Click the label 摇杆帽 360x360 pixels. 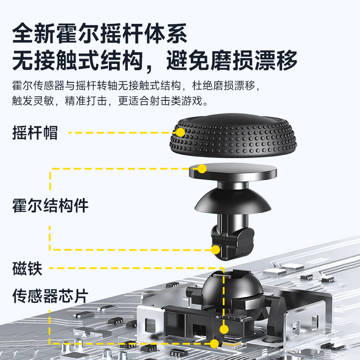[x=35, y=133]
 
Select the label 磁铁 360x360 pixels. [x=27, y=269]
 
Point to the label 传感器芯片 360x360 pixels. [x=50, y=296]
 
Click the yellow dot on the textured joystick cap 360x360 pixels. [x=180, y=132]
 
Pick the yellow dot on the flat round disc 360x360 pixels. [x=202, y=169]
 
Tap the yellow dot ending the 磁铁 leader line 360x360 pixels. [x=224, y=329]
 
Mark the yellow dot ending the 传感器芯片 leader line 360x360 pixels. [x=214, y=344]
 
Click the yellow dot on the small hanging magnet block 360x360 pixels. [x=216, y=250]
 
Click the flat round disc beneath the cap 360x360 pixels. [x=238, y=172]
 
